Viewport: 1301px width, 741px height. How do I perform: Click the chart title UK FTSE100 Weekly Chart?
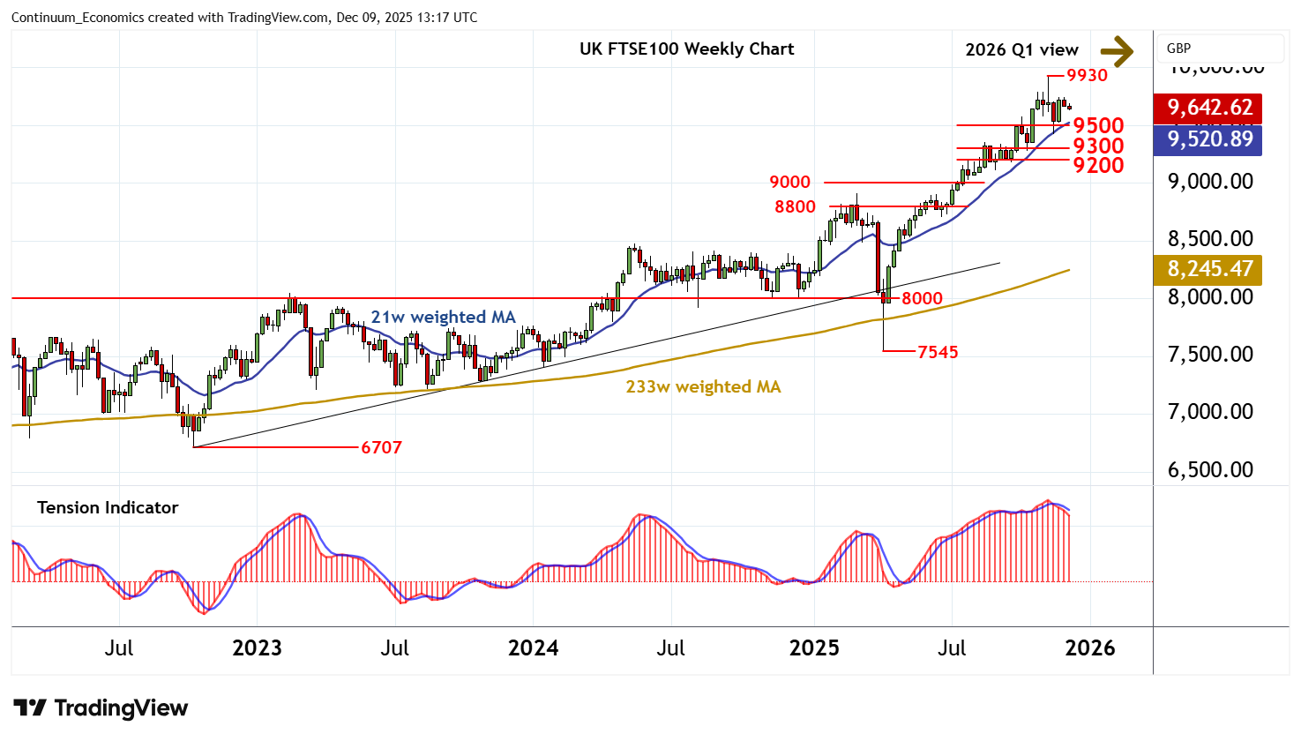click(686, 49)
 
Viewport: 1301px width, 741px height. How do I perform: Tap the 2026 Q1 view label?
click(1021, 50)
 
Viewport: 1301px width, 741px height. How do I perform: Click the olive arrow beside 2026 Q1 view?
click(1117, 51)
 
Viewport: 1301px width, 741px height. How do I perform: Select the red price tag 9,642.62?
click(1209, 108)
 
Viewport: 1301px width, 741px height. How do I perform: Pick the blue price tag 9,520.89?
click(1209, 139)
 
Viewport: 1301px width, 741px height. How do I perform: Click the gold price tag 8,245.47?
click(1209, 269)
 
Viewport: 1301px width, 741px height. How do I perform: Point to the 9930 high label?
click(1087, 75)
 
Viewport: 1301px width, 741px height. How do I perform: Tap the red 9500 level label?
click(1098, 125)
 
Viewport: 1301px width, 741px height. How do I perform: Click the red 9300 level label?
click(1098, 146)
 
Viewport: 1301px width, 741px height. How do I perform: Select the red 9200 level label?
click(1098, 165)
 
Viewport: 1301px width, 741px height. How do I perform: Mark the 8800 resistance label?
click(795, 206)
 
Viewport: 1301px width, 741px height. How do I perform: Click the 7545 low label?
click(938, 352)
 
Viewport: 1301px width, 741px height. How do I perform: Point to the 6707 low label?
click(381, 447)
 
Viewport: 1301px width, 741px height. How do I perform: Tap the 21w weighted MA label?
click(443, 317)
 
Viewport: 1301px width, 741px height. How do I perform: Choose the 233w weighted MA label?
click(703, 386)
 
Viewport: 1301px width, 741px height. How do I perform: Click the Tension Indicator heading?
click(108, 507)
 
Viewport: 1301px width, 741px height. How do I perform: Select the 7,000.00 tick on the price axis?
click(1210, 412)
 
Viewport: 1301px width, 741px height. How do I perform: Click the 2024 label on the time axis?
click(533, 648)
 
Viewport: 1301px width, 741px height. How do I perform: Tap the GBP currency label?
click(1178, 49)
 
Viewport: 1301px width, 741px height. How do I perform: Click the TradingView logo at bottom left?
click(101, 708)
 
